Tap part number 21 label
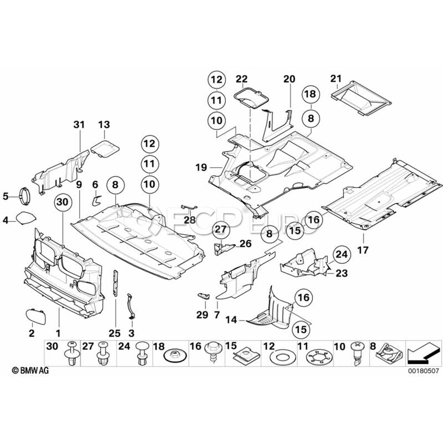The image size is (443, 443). tap(336, 78)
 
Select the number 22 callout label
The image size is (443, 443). tap(241, 78)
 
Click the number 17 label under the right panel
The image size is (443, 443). tap(363, 250)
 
